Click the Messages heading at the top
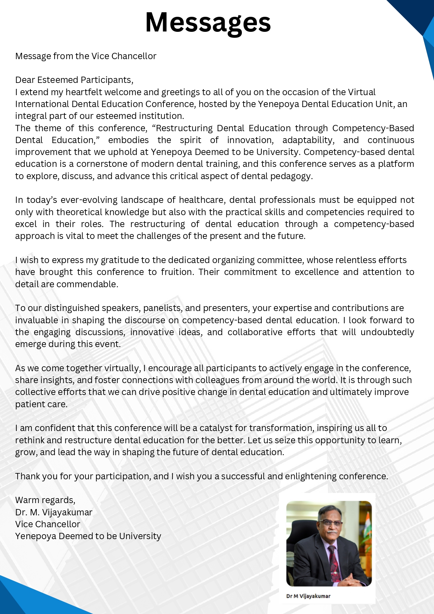(x=208, y=22)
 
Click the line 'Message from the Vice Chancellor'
(x=86, y=56)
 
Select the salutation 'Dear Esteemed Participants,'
(x=74, y=80)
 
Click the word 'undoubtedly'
(x=387, y=332)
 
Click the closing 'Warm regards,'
(x=45, y=500)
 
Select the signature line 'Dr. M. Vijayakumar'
(x=54, y=512)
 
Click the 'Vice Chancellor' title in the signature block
(x=48, y=524)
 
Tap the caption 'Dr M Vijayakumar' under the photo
(x=308, y=596)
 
